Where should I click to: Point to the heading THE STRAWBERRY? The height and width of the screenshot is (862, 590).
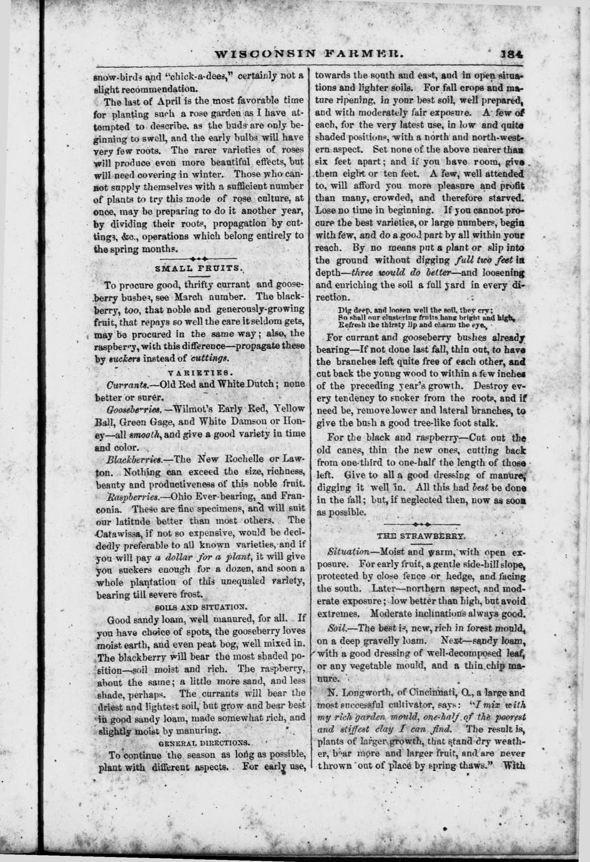click(421, 537)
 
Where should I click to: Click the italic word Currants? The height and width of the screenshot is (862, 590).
click(127, 385)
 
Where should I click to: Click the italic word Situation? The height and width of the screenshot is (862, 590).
click(347, 553)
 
